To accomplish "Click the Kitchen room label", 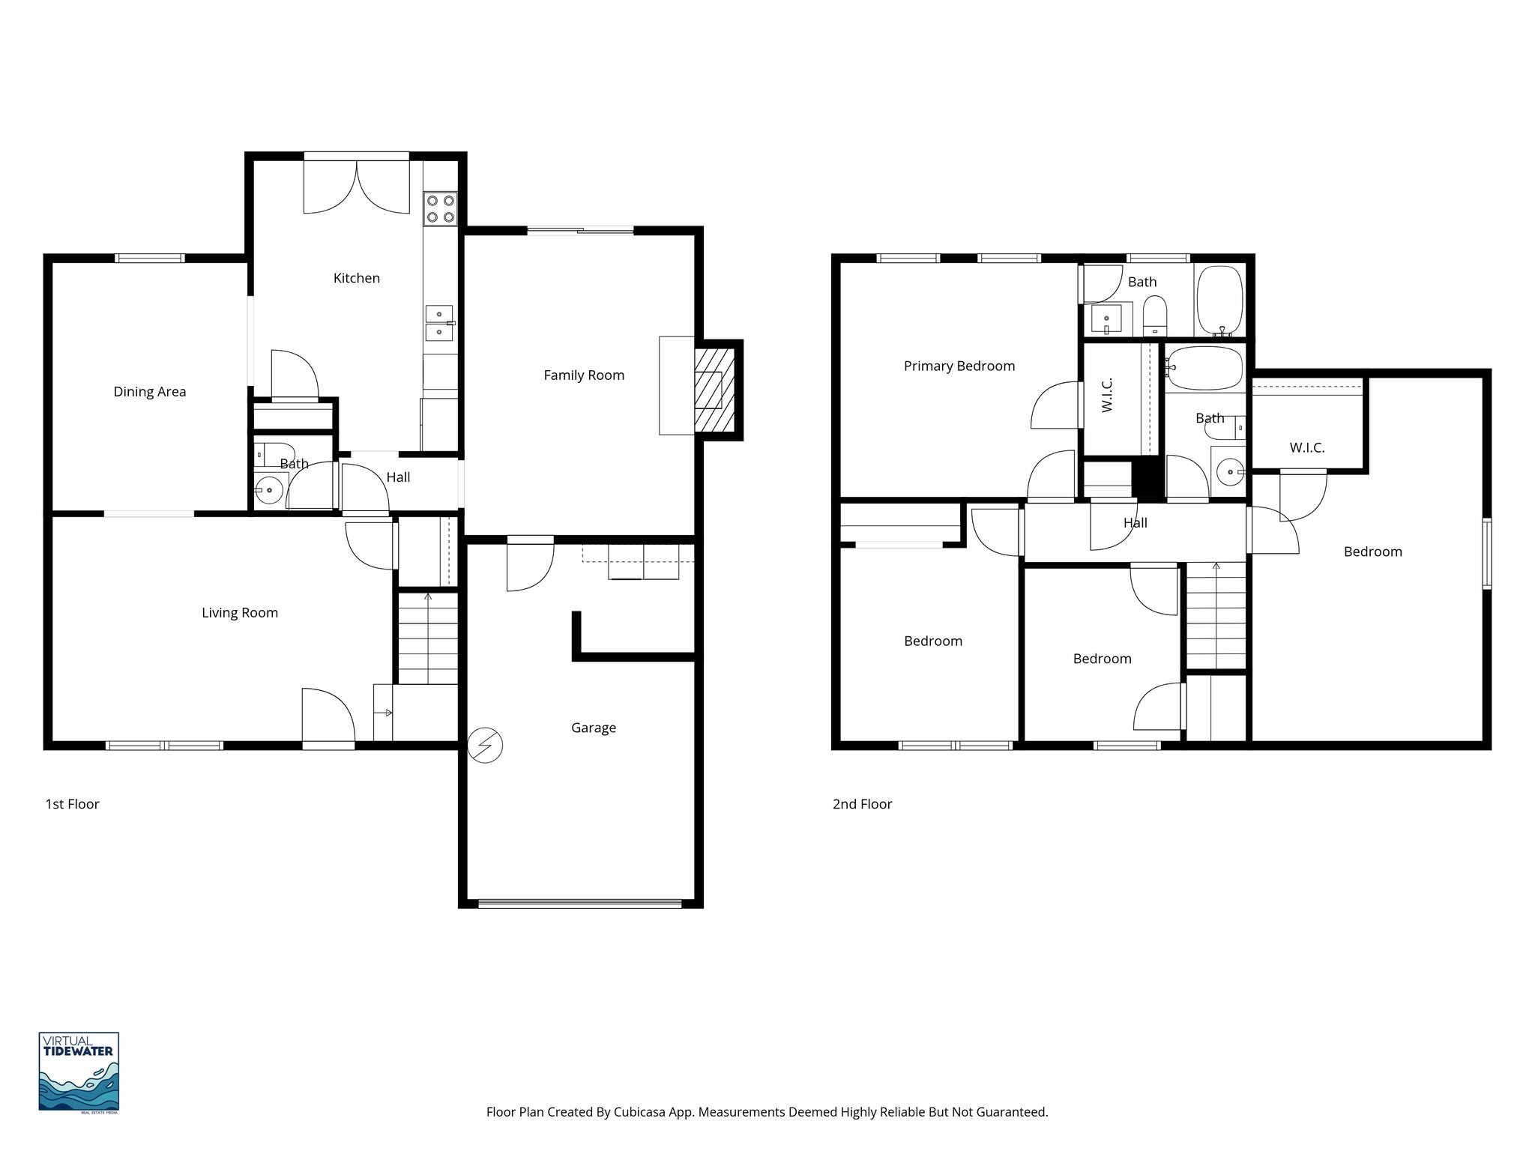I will tap(356, 278).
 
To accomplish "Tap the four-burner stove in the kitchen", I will tap(440, 209).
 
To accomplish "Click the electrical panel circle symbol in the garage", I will tap(484, 746).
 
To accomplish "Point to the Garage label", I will tap(593, 728).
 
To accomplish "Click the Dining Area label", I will tap(149, 391).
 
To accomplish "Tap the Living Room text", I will tap(239, 612).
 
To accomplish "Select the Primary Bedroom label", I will tap(959, 366).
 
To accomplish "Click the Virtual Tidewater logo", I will tap(79, 1072).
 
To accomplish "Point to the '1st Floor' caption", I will tap(72, 804).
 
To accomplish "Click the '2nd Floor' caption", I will tap(862, 804).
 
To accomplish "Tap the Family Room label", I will tap(583, 375).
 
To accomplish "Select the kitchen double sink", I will tap(439, 323).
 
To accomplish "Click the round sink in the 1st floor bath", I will tap(268, 491).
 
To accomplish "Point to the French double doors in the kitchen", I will tap(357, 187).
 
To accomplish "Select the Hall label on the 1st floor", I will tap(398, 477).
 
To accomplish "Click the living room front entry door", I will tap(328, 718).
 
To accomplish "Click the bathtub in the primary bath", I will tap(1219, 300).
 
